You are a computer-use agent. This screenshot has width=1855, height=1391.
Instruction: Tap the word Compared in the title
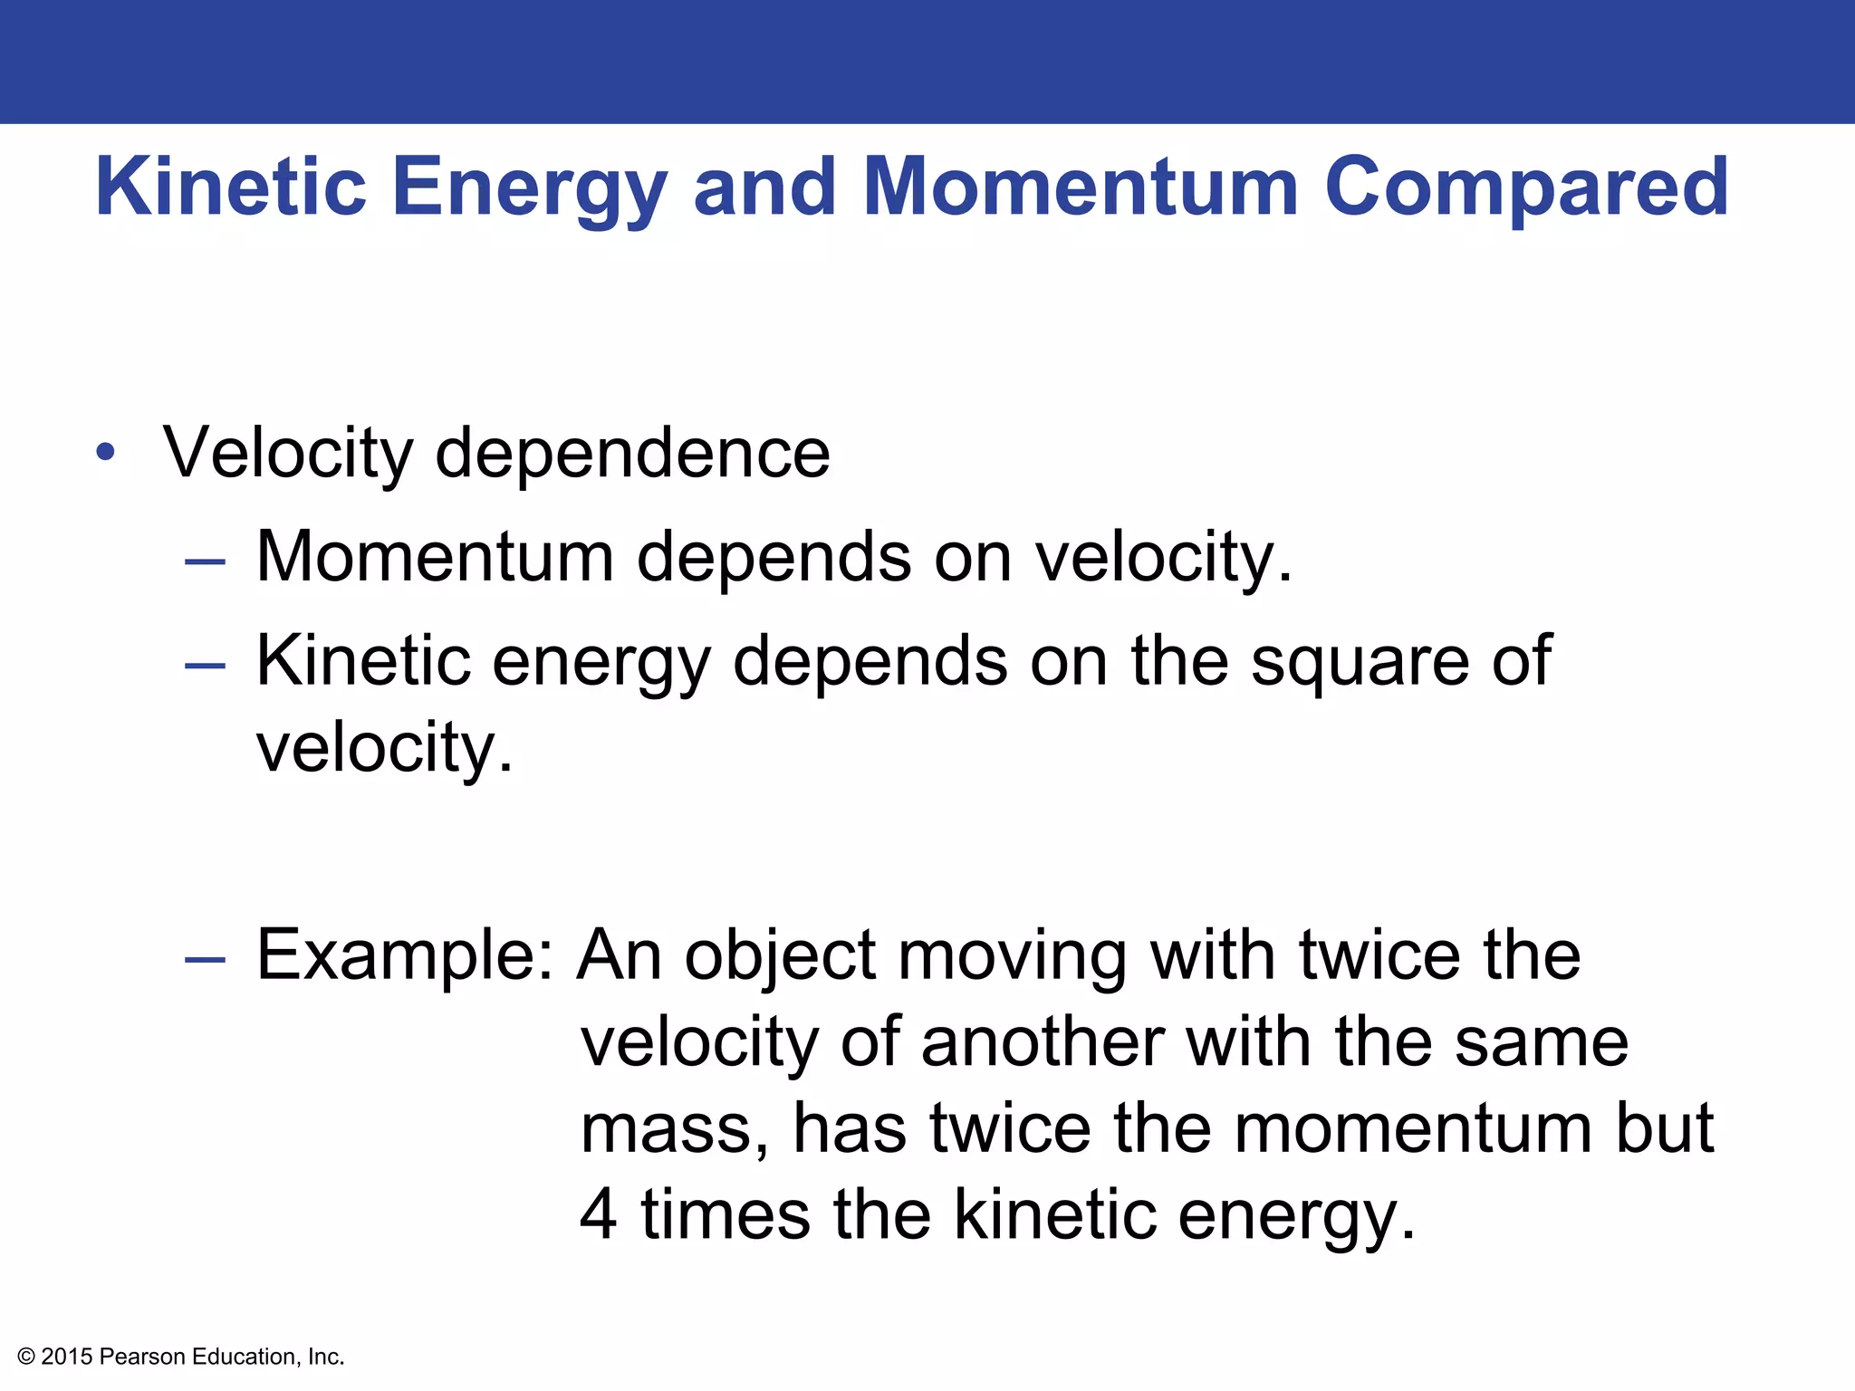[x=1527, y=188]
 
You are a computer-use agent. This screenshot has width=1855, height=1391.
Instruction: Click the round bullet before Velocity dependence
[x=106, y=452]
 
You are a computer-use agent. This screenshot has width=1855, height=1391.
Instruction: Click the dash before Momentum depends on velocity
[x=205, y=561]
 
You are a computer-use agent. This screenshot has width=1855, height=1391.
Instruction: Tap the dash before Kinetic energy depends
[x=205, y=666]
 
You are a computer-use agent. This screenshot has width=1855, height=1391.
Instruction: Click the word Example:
[x=405, y=956]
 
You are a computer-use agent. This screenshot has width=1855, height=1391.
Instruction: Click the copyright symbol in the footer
[x=26, y=1357]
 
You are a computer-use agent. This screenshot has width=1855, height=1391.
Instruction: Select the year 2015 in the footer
[x=67, y=1357]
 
